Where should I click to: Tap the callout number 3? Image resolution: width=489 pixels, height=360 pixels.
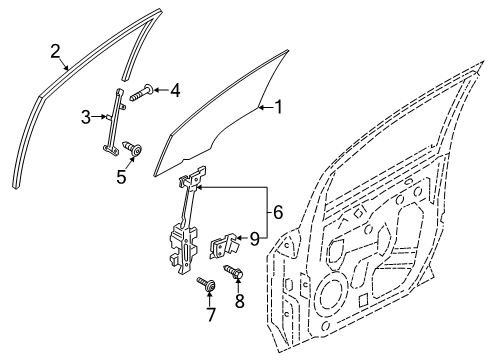(x=86, y=118)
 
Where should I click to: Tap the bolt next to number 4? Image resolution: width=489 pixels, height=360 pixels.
(x=141, y=91)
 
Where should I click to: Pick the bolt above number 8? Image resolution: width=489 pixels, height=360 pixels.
(x=235, y=271)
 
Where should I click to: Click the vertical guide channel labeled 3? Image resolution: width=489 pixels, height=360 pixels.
(x=113, y=121)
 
